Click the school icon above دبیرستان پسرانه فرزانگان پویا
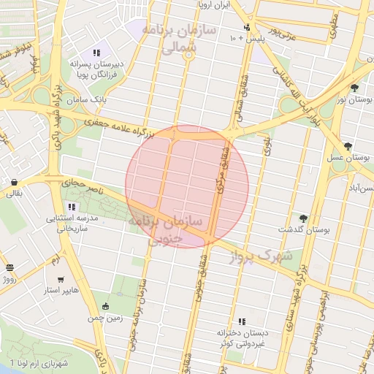point(96,53)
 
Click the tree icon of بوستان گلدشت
point(303,218)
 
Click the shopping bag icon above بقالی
point(14,182)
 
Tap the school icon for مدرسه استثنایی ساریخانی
point(71,207)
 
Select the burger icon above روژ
point(9,267)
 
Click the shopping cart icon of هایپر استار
point(61,280)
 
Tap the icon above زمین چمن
point(107,306)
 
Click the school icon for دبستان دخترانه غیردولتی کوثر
point(241,321)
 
